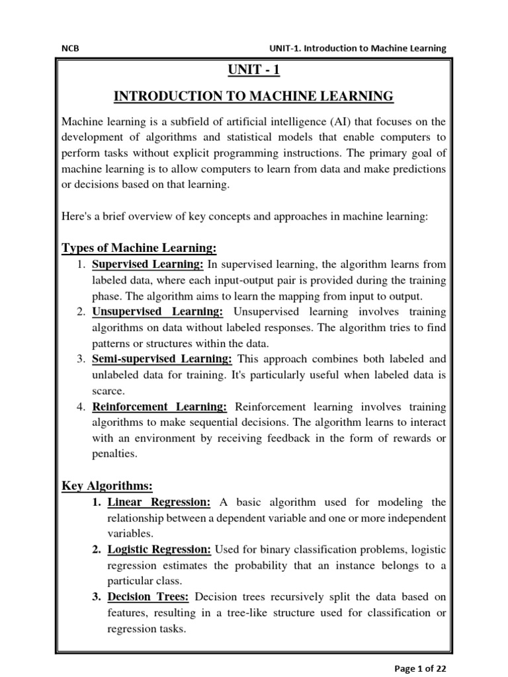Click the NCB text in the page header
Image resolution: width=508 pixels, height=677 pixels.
[69, 48]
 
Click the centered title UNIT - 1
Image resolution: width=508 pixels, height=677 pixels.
[253, 69]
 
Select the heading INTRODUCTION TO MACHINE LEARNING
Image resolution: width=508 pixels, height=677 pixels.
[253, 97]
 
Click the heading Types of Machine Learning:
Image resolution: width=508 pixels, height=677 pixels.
[139, 248]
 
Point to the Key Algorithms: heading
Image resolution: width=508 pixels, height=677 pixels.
[107, 486]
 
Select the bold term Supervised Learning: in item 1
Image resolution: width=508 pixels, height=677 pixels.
[148, 264]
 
